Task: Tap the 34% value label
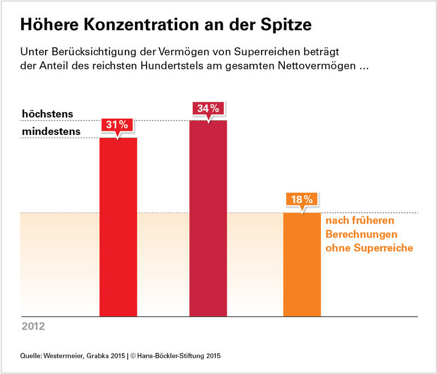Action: pos(209,108)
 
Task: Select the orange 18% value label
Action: pos(302,200)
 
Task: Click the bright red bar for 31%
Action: pos(119,228)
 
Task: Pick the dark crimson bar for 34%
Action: pos(209,219)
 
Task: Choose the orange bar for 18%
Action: pos(302,265)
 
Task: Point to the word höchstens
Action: pos(47,114)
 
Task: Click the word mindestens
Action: pos(51,132)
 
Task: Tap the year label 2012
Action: pos(33,327)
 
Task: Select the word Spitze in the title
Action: pos(285,26)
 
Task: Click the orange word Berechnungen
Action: pos(361,235)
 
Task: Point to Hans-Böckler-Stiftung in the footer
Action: pos(172,356)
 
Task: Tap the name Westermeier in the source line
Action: pos(67,356)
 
